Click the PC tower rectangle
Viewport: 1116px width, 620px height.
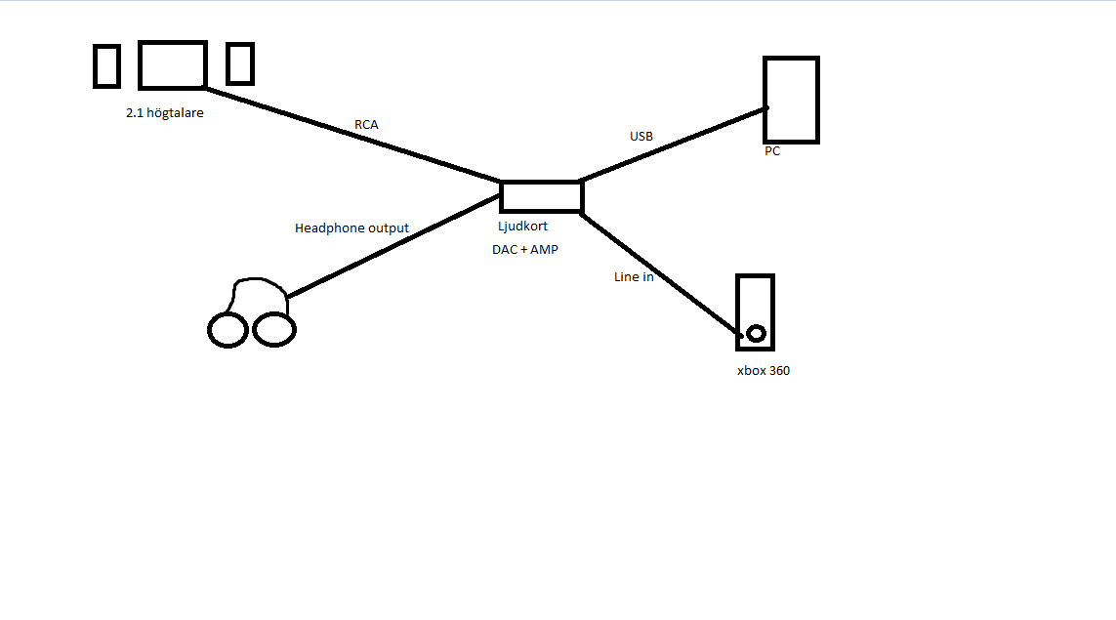791,100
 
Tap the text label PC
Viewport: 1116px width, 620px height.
772,151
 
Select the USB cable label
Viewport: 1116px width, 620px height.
641,137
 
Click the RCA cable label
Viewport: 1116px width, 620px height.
366,125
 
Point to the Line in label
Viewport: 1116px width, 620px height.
634,277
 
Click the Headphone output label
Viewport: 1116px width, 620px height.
351,228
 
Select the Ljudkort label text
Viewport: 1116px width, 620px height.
522,226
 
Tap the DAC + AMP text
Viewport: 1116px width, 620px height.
524,250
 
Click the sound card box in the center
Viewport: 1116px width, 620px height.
542,196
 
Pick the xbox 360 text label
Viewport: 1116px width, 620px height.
764,371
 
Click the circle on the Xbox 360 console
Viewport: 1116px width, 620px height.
756,333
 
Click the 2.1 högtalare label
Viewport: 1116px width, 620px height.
165,113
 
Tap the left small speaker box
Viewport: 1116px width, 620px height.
106,65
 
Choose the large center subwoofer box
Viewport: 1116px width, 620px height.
173,65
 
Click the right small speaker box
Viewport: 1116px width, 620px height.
240,63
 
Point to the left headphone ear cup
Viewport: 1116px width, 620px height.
227,330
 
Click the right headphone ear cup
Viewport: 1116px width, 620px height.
274,330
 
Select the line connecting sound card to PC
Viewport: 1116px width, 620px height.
674,145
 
